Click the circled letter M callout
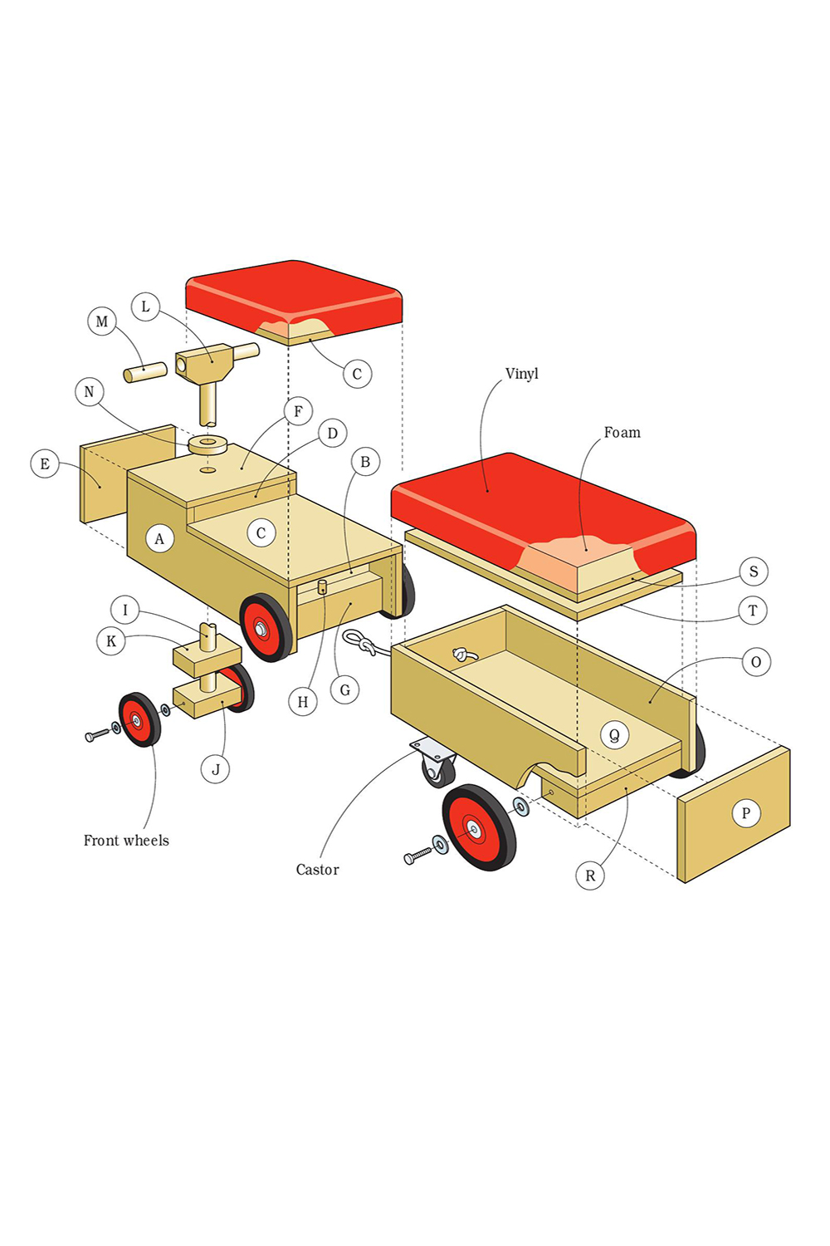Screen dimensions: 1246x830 [102, 321]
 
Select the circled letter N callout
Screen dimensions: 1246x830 [90, 392]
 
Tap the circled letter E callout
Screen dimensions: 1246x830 [45, 464]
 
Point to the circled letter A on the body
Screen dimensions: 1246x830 [159, 538]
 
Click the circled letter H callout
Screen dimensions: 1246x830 [303, 702]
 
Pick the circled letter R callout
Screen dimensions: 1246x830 [590, 876]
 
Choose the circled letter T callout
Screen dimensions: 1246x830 [753, 611]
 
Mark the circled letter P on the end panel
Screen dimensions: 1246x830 [745, 813]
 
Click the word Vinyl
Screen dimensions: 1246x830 [522, 374]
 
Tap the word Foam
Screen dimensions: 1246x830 [622, 433]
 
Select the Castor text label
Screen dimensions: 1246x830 [317, 870]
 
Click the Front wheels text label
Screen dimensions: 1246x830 [126, 841]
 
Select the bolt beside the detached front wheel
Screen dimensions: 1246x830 [97, 734]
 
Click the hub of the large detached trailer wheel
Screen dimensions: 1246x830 [474, 828]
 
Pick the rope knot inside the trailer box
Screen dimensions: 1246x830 [463, 655]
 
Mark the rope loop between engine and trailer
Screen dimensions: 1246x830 [359, 641]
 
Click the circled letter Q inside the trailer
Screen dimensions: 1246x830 [614, 735]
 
